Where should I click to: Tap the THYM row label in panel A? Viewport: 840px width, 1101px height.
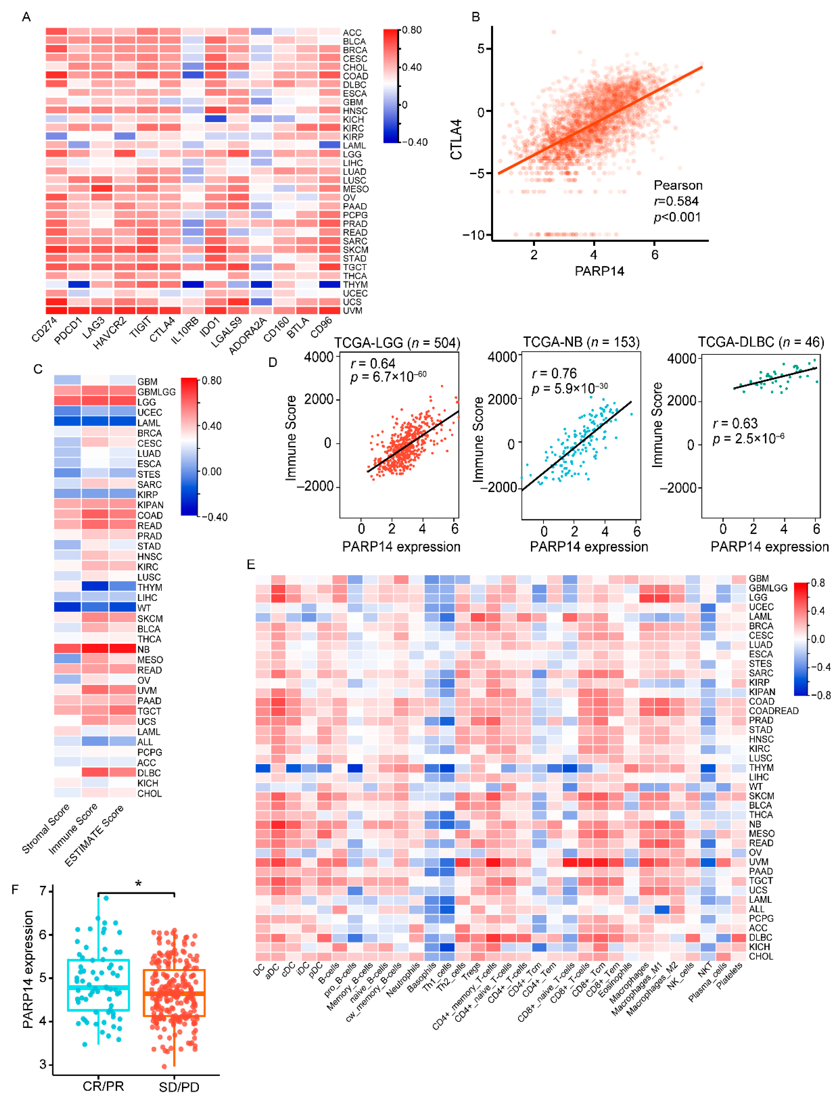coord(355,285)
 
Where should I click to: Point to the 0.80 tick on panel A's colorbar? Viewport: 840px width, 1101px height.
coord(411,30)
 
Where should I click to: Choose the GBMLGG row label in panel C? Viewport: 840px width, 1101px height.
coord(156,392)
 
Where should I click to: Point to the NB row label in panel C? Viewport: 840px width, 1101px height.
coord(144,649)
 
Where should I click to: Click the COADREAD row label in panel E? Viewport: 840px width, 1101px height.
coord(773,711)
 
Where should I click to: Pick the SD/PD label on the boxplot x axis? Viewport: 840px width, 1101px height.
coord(179,1087)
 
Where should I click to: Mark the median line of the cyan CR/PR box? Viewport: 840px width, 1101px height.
coord(98,987)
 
